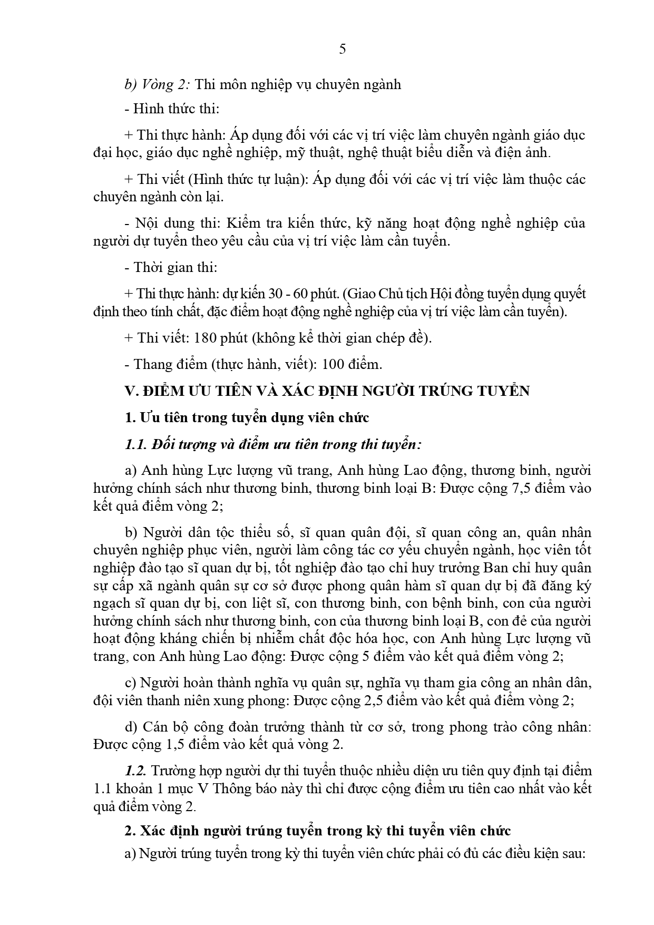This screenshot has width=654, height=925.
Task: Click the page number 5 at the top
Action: pos(343,50)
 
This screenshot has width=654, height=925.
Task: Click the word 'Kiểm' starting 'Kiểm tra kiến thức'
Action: pos(243,223)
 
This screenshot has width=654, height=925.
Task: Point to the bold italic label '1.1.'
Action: pos(136,444)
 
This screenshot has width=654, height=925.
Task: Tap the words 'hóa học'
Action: pos(384,638)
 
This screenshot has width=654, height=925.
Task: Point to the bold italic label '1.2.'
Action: pos(136,771)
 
